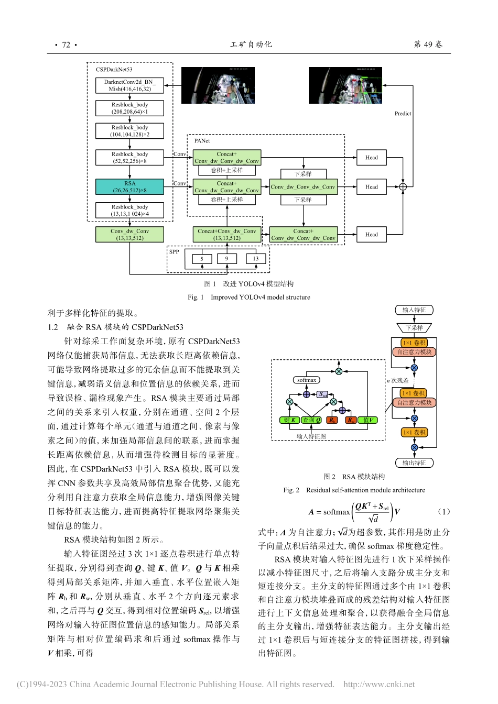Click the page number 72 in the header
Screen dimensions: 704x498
pyautogui.click(x=66, y=45)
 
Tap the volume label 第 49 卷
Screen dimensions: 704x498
pyautogui.click(x=428, y=45)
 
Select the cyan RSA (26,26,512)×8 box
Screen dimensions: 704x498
pyautogui.click(x=129, y=187)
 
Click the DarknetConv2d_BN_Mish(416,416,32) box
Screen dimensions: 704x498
pyautogui.click(x=129, y=85)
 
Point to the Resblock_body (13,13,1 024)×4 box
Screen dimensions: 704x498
pyautogui.click(x=129, y=210)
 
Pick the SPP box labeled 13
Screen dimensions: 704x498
pyautogui.click(x=256, y=259)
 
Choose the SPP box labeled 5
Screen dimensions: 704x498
pyautogui.click(x=202, y=259)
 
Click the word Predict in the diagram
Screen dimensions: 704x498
pyautogui.click(x=403, y=114)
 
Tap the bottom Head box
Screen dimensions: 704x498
pyautogui.click(x=371, y=235)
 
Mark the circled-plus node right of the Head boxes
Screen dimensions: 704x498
pyautogui.click(x=403, y=187)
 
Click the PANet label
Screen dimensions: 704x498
pyautogui.click(x=202, y=141)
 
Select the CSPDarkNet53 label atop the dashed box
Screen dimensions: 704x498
pyautogui.click(x=114, y=70)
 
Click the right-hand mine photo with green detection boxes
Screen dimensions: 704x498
pyautogui.click(x=345, y=85)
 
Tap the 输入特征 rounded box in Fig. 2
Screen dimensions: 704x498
pyautogui.click(x=414, y=310)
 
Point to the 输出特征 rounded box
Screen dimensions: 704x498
pyautogui.click(x=414, y=463)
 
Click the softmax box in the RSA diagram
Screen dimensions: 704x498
pyautogui.click(x=306, y=380)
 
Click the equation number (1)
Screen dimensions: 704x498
pyautogui.click(x=443, y=512)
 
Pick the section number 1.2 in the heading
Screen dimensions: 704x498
pyautogui.click(x=52, y=327)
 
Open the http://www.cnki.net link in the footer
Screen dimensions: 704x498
pyautogui.click(x=378, y=684)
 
